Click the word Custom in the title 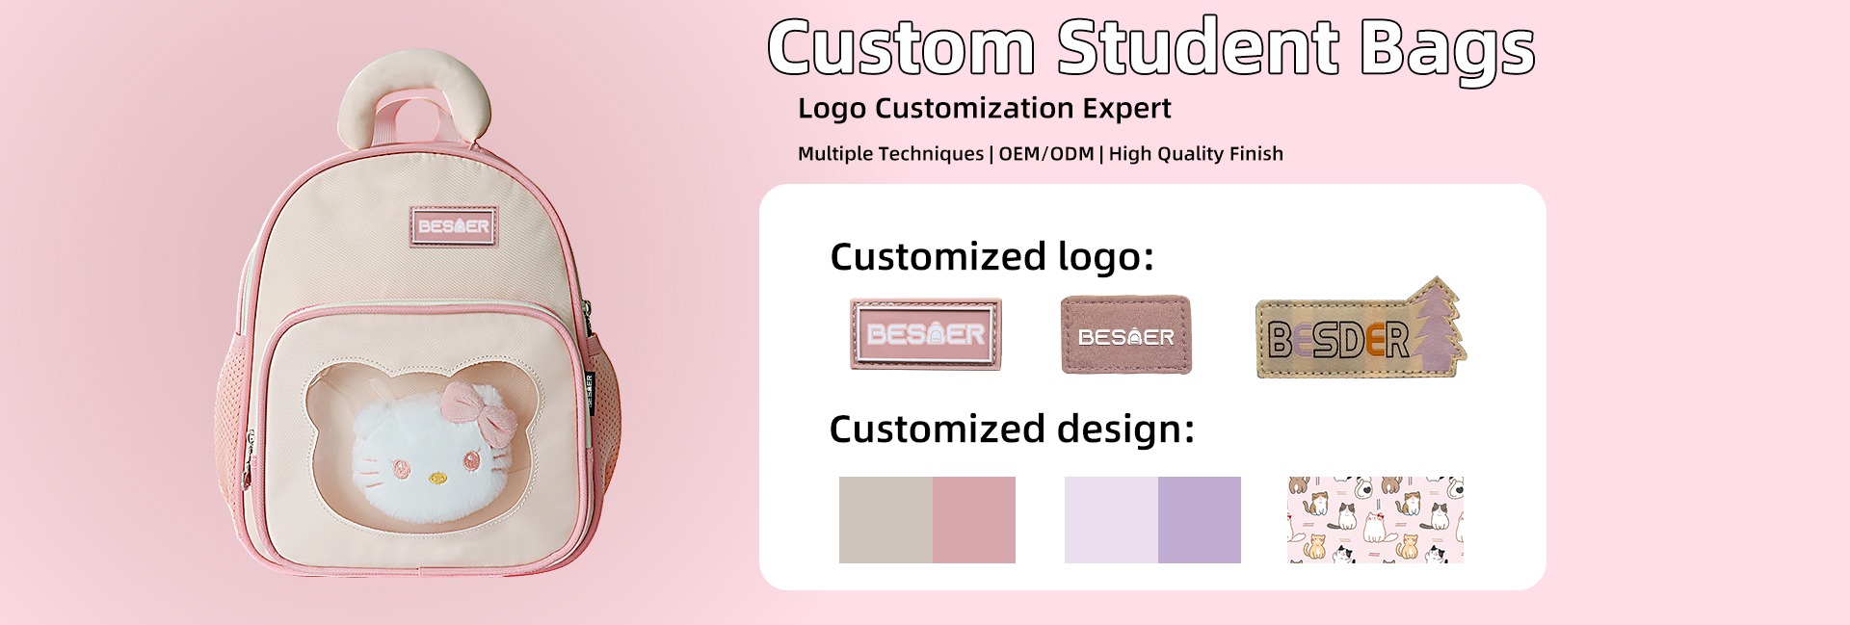902,46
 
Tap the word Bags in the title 1447,50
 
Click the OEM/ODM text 1046,154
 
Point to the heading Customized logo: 991,257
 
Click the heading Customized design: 1012,430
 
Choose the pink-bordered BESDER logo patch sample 926,334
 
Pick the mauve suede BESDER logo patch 1126,334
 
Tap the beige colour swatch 885,520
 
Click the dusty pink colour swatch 974,520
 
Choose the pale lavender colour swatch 1111,520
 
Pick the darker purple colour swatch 1200,520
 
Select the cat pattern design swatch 1376,520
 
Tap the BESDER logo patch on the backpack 454,227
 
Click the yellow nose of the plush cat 438,478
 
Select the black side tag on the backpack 590,392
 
